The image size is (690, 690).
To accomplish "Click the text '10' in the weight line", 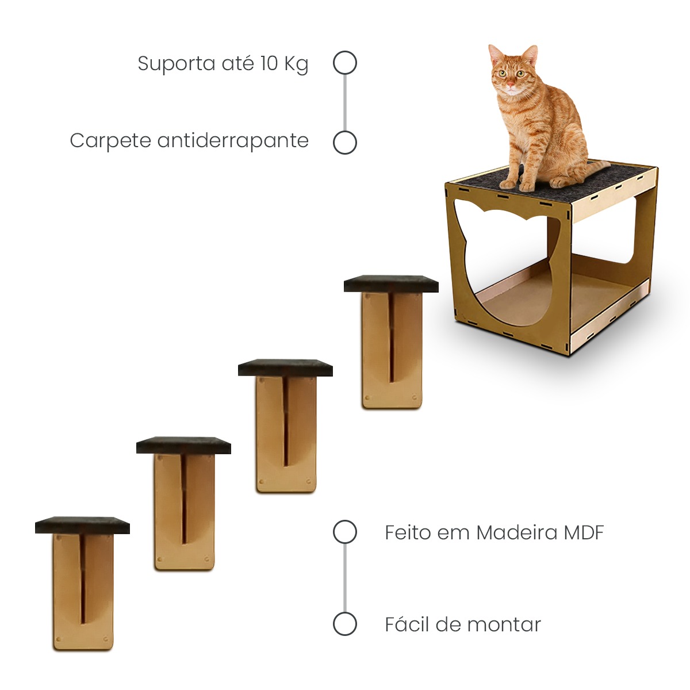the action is pyautogui.click(x=269, y=64).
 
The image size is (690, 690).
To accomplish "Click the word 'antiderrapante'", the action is pyautogui.click(x=233, y=141).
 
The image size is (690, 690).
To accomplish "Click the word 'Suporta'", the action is pyautogui.click(x=176, y=64).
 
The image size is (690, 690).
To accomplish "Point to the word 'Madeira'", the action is pyautogui.click(x=517, y=533).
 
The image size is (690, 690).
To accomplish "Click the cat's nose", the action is pyautogui.click(x=510, y=85).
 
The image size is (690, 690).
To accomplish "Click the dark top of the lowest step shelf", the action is pyautogui.click(x=82, y=526).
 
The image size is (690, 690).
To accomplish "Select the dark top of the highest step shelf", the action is pyautogui.click(x=391, y=283).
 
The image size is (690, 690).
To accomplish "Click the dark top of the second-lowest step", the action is pyautogui.click(x=183, y=445).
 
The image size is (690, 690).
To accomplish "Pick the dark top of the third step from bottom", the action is pyautogui.click(x=285, y=367).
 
